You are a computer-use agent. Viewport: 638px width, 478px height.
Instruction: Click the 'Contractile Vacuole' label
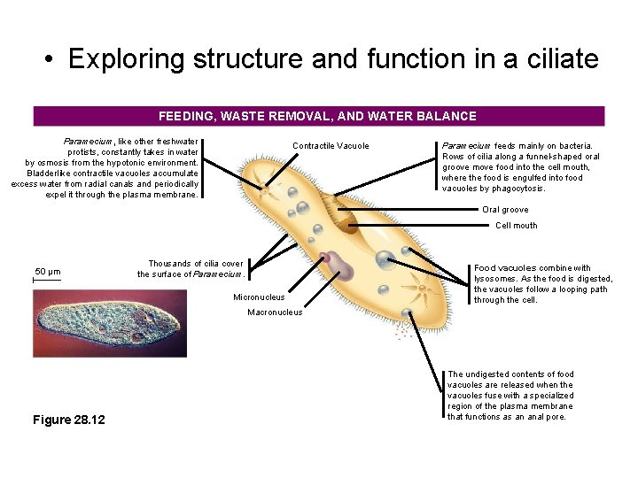tap(331, 146)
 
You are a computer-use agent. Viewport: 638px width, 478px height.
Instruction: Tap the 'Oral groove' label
tap(505, 210)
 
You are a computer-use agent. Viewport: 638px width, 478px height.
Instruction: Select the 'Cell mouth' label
tap(517, 226)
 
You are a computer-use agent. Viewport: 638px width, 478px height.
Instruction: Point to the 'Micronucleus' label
tap(259, 297)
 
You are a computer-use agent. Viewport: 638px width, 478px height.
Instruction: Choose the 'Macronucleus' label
tap(275, 312)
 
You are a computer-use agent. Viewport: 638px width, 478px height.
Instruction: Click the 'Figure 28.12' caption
tap(68, 420)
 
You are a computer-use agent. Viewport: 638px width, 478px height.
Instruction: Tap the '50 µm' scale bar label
tap(46, 271)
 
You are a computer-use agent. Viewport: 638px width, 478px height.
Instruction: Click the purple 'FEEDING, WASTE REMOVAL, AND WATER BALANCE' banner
tap(318, 116)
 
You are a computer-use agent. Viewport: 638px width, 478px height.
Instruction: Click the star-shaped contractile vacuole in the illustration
tap(263, 187)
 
